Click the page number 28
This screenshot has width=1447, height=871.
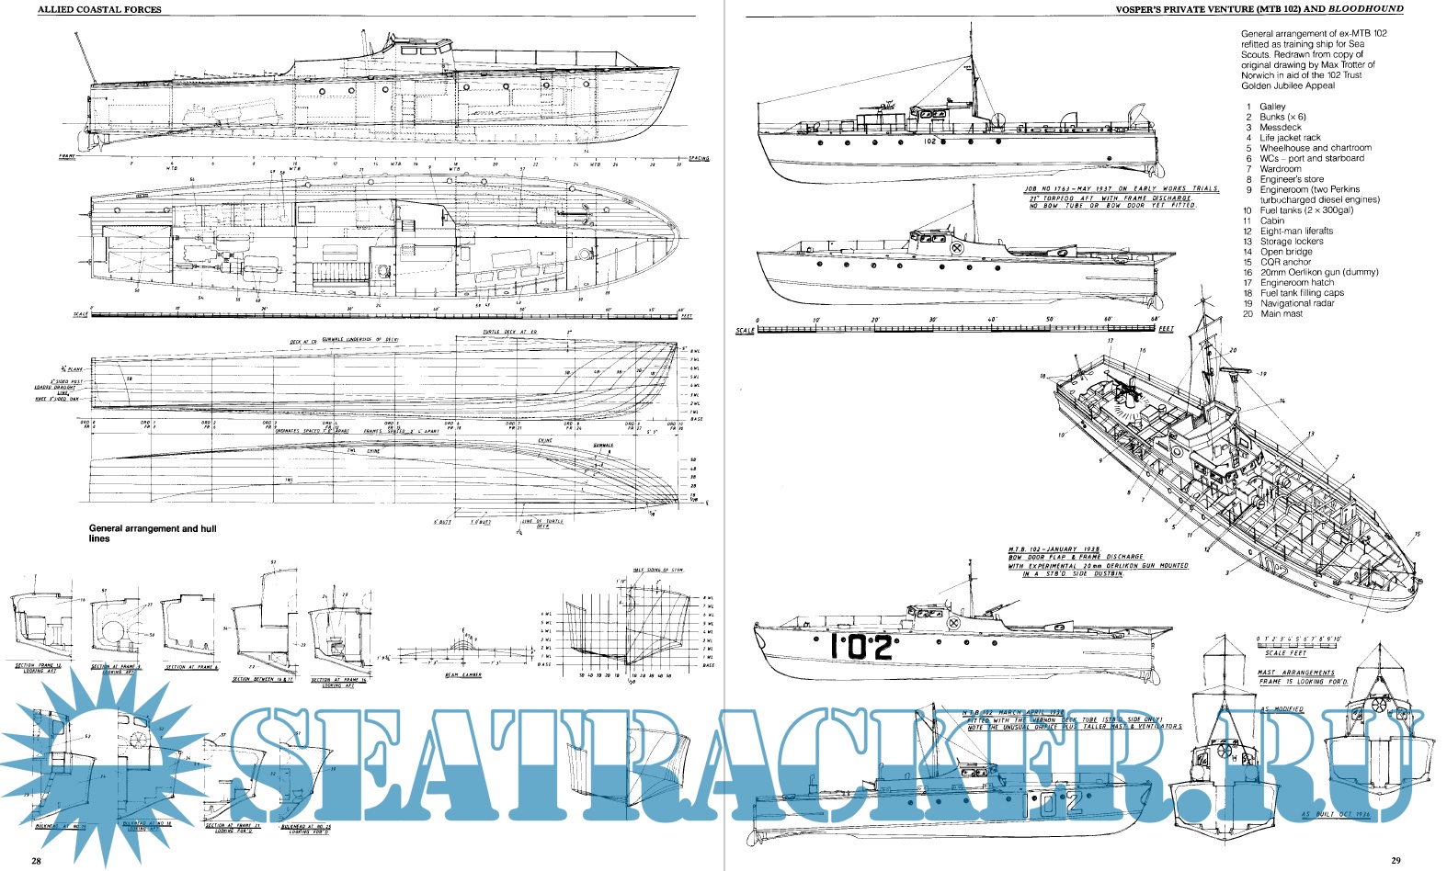pos(35,861)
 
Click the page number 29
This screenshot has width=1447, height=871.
pos(1395,861)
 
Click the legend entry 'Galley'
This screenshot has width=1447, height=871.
pos(1272,107)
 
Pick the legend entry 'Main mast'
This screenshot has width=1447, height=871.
pos(1281,314)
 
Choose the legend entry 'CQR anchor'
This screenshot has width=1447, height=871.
pos(1285,262)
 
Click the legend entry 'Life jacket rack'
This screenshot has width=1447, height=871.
pos(1290,138)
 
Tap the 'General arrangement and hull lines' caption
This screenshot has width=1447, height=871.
pos(153,534)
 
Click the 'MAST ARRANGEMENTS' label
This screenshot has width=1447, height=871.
pos(1295,673)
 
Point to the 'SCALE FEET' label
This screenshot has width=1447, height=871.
pos(1285,653)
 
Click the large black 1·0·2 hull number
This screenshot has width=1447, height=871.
pos(861,648)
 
